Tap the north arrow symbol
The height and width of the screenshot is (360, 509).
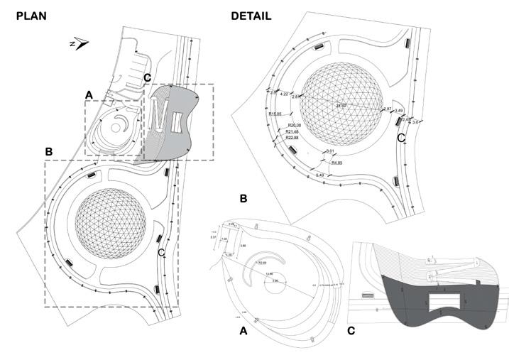tap(80, 44)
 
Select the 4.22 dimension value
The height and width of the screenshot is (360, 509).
tap(284, 94)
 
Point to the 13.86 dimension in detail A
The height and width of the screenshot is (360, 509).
tap(268, 273)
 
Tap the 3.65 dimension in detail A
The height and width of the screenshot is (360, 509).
tap(243, 245)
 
